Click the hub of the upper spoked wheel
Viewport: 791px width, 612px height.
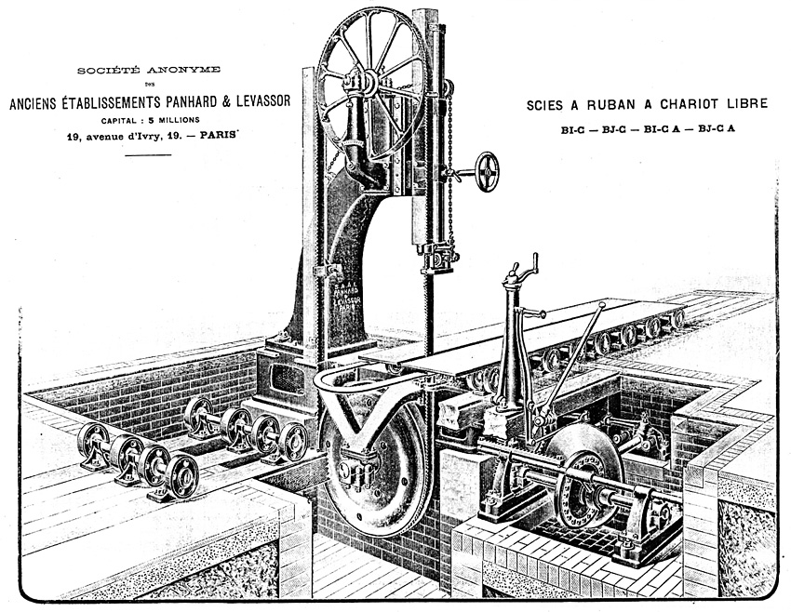point(369,83)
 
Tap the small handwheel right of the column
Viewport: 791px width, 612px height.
point(486,172)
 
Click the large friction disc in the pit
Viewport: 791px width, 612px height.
point(583,474)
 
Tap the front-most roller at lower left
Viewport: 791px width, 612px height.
point(181,476)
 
